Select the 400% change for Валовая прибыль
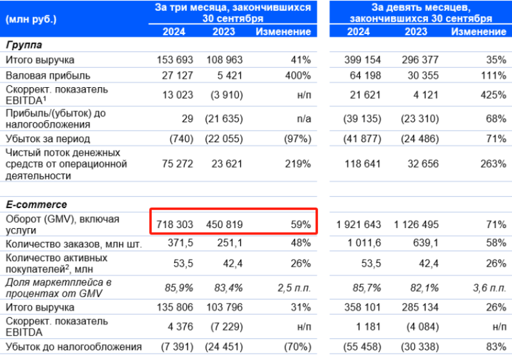coord(298,76)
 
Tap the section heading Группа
coord(24,45)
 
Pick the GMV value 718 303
coord(175,225)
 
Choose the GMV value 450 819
coord(224,225)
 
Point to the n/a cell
coord(302,119)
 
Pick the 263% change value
coord(493,164)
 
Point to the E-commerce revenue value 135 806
coord(175,307)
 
